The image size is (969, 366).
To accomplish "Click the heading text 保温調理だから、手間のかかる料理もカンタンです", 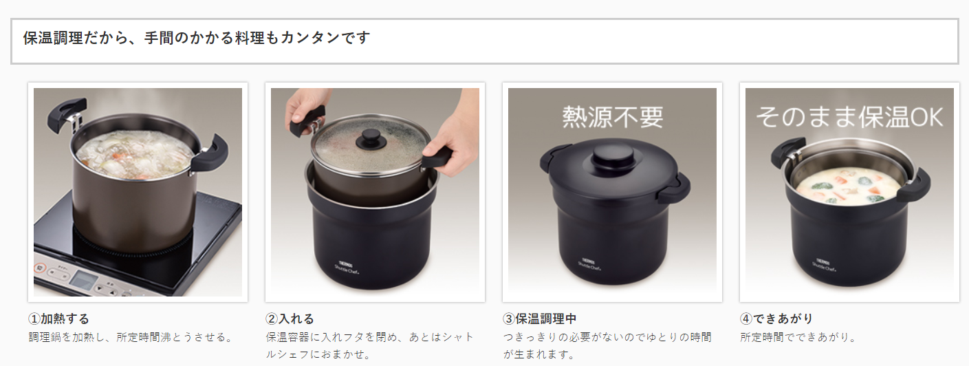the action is pyautogui.click(x=197, y=38).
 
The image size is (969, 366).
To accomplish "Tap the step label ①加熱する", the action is pyautogui.click(x=59, y=319).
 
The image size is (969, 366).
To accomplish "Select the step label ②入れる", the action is pyautogui.click(x=290, y=319).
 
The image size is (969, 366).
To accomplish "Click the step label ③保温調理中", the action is pyautogui.click(x=539, y=319).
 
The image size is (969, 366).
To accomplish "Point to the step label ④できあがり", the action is pyautogui.click(x=776, y=319).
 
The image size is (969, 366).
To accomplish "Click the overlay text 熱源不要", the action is pyautogui.click(x=613, y=117).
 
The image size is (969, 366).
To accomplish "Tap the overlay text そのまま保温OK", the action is pyautogui.click(x=849, y=117).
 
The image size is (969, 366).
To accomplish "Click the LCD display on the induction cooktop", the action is pyautogui.click(x=83, y=281).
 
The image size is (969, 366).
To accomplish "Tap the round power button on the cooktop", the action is pyautogui.click(x=40, y=268).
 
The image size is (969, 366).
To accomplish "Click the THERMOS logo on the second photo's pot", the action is pyautogui.click(x=346, y=263).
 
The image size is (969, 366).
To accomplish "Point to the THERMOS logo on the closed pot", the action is pyautogui.click(x=588, y=261).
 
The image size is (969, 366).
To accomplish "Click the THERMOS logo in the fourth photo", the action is pyautogui.click(x=823, y=261).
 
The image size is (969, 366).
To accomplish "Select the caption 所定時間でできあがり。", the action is pyautogui.click(x=798, y=337).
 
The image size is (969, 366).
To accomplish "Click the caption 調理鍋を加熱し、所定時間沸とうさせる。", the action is pyautogui.click(x=131, y=337).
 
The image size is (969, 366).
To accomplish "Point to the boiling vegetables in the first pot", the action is pyautogui.click(x=134, y=155).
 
